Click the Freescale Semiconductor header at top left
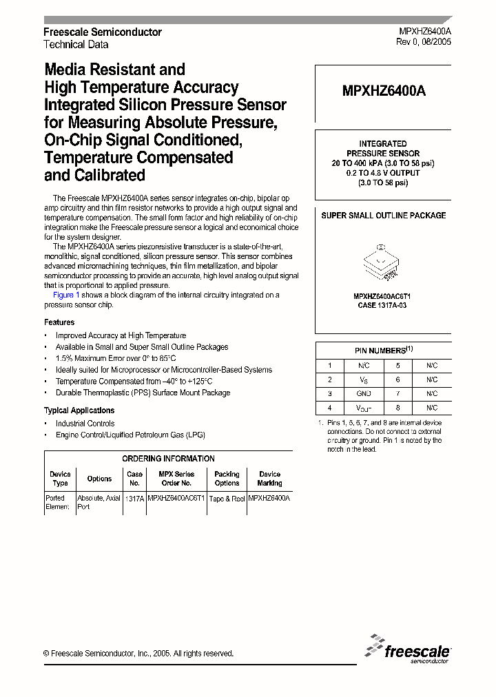point(103,32)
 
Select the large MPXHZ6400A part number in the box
point(383,90)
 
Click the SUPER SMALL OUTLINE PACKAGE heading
point(383,216)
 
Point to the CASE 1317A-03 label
point(383,305)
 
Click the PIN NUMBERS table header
point(383,350)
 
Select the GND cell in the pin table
point(364,394)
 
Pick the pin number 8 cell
point(397,408)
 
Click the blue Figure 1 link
point(63,295)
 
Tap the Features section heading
point(59,322)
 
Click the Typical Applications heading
point(79,410)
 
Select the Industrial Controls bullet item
point(85,424)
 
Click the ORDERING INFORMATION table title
point(168,459)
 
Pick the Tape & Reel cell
point(227,498)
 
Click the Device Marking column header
point(269,478)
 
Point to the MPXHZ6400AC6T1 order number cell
point(176,498)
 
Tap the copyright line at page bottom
point(138,654)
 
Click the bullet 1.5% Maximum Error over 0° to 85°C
point(116,359)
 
